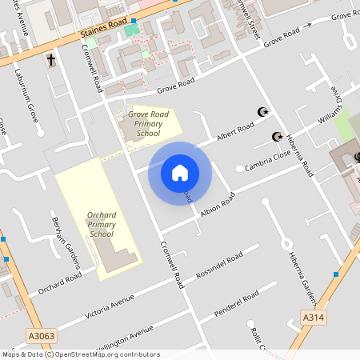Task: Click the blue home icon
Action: click(x=180, y=172)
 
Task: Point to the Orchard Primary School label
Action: click(x=102, y=225)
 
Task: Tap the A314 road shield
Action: click(x=314, y=318)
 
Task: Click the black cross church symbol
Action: click(x=52, y=60)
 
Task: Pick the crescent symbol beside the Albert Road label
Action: click(x=261, y=111)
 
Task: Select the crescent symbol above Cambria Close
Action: click(x=278, y=137)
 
